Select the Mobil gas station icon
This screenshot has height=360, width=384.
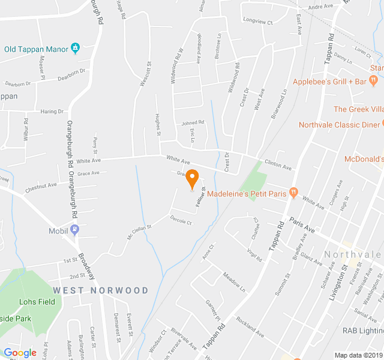point(74,229)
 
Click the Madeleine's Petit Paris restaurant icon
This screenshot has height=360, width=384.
point(293,193)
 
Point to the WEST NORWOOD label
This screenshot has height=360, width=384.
point(100,290)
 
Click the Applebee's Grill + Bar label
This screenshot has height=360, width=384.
point(329,82)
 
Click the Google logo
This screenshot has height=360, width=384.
point(20,353)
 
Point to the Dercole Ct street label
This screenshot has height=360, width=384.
point(181,222)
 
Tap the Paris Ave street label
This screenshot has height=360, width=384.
point(302,225)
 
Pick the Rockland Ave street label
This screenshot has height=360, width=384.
point(250,328)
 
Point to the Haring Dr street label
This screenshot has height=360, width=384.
point(52,112)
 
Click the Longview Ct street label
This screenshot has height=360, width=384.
point(258,22)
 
